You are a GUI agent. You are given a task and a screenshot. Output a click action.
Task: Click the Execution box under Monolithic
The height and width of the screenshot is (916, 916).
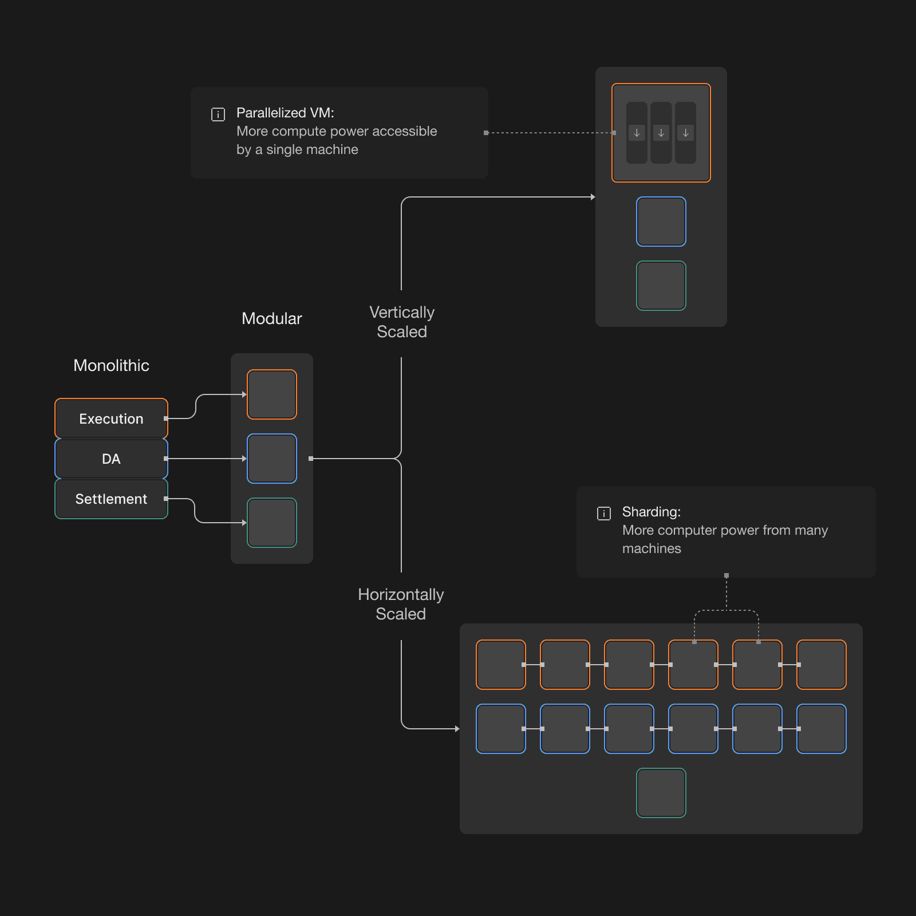point(111,418)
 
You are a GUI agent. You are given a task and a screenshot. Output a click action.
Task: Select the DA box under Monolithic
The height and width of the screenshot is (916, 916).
point(111,459)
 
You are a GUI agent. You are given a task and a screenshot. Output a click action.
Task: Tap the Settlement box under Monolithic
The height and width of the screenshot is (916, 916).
point(111,499)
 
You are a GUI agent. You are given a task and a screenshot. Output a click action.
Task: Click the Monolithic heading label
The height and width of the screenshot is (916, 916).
point(111,365)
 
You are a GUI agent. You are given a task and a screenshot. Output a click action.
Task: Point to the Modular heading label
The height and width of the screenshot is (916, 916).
point(271,318)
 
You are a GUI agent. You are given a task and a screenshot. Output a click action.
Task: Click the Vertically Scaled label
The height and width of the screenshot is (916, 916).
point(402,322)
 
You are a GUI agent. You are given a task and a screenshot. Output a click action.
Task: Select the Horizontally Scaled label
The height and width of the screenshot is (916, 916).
point(401,604)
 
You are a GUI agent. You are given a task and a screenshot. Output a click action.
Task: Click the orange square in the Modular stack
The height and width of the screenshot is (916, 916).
point(272,394)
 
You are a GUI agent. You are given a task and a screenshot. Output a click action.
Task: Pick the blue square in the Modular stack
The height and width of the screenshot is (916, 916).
point(272,459)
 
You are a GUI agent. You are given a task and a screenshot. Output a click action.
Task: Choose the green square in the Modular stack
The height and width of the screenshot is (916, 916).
point(272,523)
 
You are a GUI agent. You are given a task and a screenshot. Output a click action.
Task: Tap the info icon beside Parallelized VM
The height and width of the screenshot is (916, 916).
point(218,114)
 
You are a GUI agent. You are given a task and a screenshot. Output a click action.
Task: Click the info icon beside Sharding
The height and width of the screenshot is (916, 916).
point(604,514)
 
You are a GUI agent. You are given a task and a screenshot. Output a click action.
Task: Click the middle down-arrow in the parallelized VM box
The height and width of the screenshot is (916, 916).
point(661,133)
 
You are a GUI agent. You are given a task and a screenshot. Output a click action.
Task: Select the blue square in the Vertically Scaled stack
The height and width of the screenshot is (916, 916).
point(661,222)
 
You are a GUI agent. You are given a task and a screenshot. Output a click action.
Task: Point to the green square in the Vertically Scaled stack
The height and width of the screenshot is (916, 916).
point(661,286)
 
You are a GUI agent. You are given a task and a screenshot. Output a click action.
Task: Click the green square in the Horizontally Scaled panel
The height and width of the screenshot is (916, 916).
point(661,793)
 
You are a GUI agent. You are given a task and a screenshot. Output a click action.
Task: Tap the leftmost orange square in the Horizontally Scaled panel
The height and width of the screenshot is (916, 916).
point(501,665)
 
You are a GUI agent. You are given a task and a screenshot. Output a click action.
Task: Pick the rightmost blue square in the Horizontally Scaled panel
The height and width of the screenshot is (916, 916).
point(822,729)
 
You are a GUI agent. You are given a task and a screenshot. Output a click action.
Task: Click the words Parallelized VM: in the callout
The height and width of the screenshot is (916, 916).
point(285,113)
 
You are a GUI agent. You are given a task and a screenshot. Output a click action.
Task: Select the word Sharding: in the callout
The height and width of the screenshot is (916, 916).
point(652,512)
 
